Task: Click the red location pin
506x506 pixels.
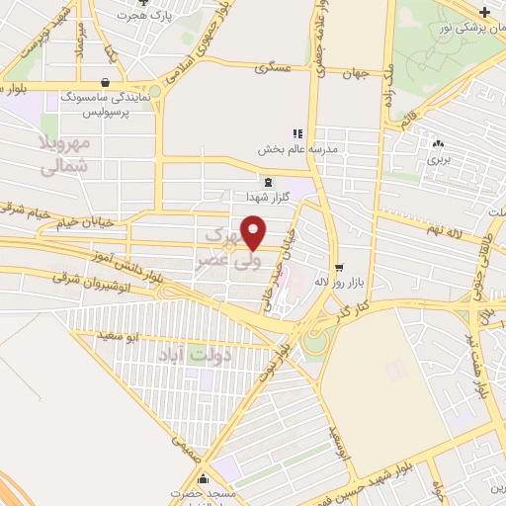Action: [254, 230]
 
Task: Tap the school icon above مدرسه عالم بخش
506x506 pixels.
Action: [295, 133]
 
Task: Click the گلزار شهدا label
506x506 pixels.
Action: [270, 195]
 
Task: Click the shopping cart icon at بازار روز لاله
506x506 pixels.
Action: [339, 267]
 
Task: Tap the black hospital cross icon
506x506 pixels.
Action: [484, 12]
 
